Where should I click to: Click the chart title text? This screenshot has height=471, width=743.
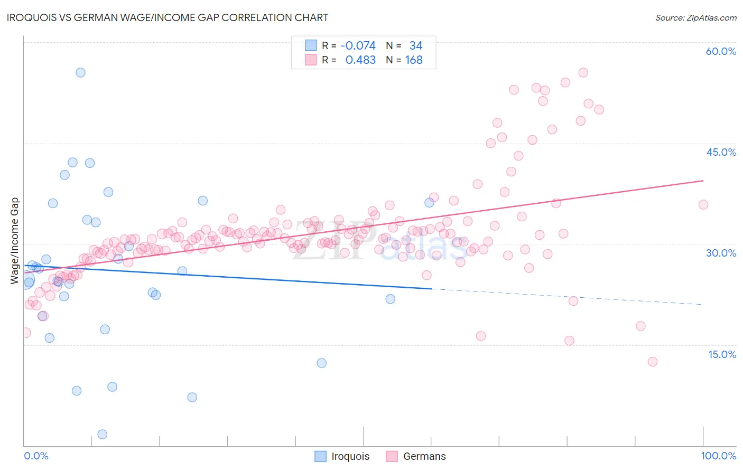(168, 17)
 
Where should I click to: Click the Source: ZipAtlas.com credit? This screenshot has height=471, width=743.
(695, 17)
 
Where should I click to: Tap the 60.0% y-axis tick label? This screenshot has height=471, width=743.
(721, 51)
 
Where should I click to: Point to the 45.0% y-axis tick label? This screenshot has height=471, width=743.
(721, 152)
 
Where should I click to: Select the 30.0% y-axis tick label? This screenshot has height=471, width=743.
(721, 253)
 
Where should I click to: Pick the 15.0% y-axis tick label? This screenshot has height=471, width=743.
(722, 354)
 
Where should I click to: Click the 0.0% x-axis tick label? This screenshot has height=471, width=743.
(36, 456)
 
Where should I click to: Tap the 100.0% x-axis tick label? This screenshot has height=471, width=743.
(718, 456)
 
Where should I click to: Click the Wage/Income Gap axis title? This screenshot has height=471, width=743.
(15, 241)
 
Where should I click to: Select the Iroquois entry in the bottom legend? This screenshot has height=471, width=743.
(350, 456)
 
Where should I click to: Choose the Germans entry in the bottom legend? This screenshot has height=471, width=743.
(424, 456)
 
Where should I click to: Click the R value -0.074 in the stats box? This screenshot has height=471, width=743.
(358, 46)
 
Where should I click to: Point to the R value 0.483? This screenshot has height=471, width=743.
(360, 60)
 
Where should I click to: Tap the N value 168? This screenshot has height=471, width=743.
(414, 60)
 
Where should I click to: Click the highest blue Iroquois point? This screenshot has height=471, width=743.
(80, 72)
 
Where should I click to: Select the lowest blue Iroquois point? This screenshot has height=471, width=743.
(103, 434)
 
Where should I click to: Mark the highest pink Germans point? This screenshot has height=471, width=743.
(583, 72)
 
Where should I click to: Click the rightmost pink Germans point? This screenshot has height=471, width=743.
(703, 204)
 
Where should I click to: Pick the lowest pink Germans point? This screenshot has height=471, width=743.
(652, 362)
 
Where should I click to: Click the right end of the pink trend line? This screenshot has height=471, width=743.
(703, 181)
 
